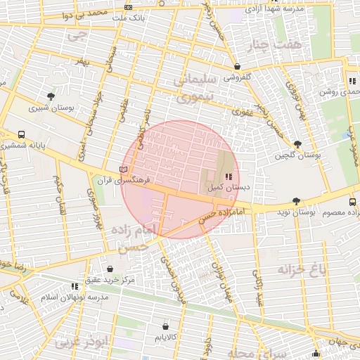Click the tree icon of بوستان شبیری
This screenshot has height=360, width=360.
pos(51,96)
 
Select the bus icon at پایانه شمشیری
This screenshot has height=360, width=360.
pos(21,134)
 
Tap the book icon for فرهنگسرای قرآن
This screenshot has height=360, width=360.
pos(124,169)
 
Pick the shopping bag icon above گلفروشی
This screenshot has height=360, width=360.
pos(237,67)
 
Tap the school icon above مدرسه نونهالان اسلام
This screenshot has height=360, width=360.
pos(75,286)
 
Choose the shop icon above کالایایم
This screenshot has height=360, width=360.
pos(165,327)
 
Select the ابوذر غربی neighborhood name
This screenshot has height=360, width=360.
pos(84,344)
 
